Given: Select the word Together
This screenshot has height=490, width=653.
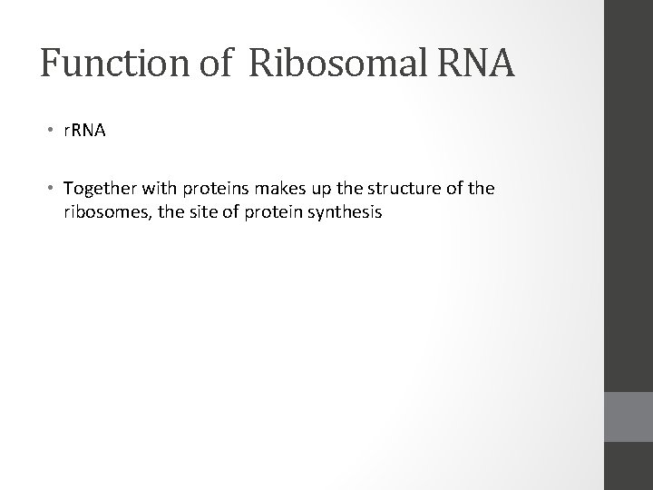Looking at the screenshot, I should pyautogui.click(x=98, y=189).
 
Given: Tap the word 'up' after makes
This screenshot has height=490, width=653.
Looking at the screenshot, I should pyautogui.click(x=308, y=189).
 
